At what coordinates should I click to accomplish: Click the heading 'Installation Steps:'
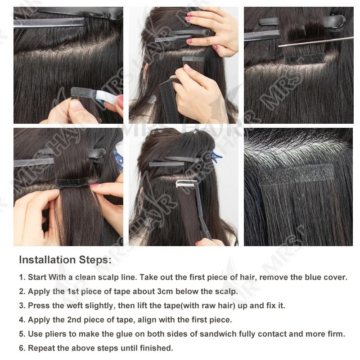(65, 260)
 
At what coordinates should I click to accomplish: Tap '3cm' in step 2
(165, 291)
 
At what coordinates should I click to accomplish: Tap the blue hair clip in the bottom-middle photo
(216, 156)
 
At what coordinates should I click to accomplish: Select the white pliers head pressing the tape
(186, 183)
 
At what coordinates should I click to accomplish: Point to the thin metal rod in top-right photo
(316, 41)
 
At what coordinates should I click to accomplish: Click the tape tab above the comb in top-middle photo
(193, 59)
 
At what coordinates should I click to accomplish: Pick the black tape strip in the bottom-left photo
(73, 183)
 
